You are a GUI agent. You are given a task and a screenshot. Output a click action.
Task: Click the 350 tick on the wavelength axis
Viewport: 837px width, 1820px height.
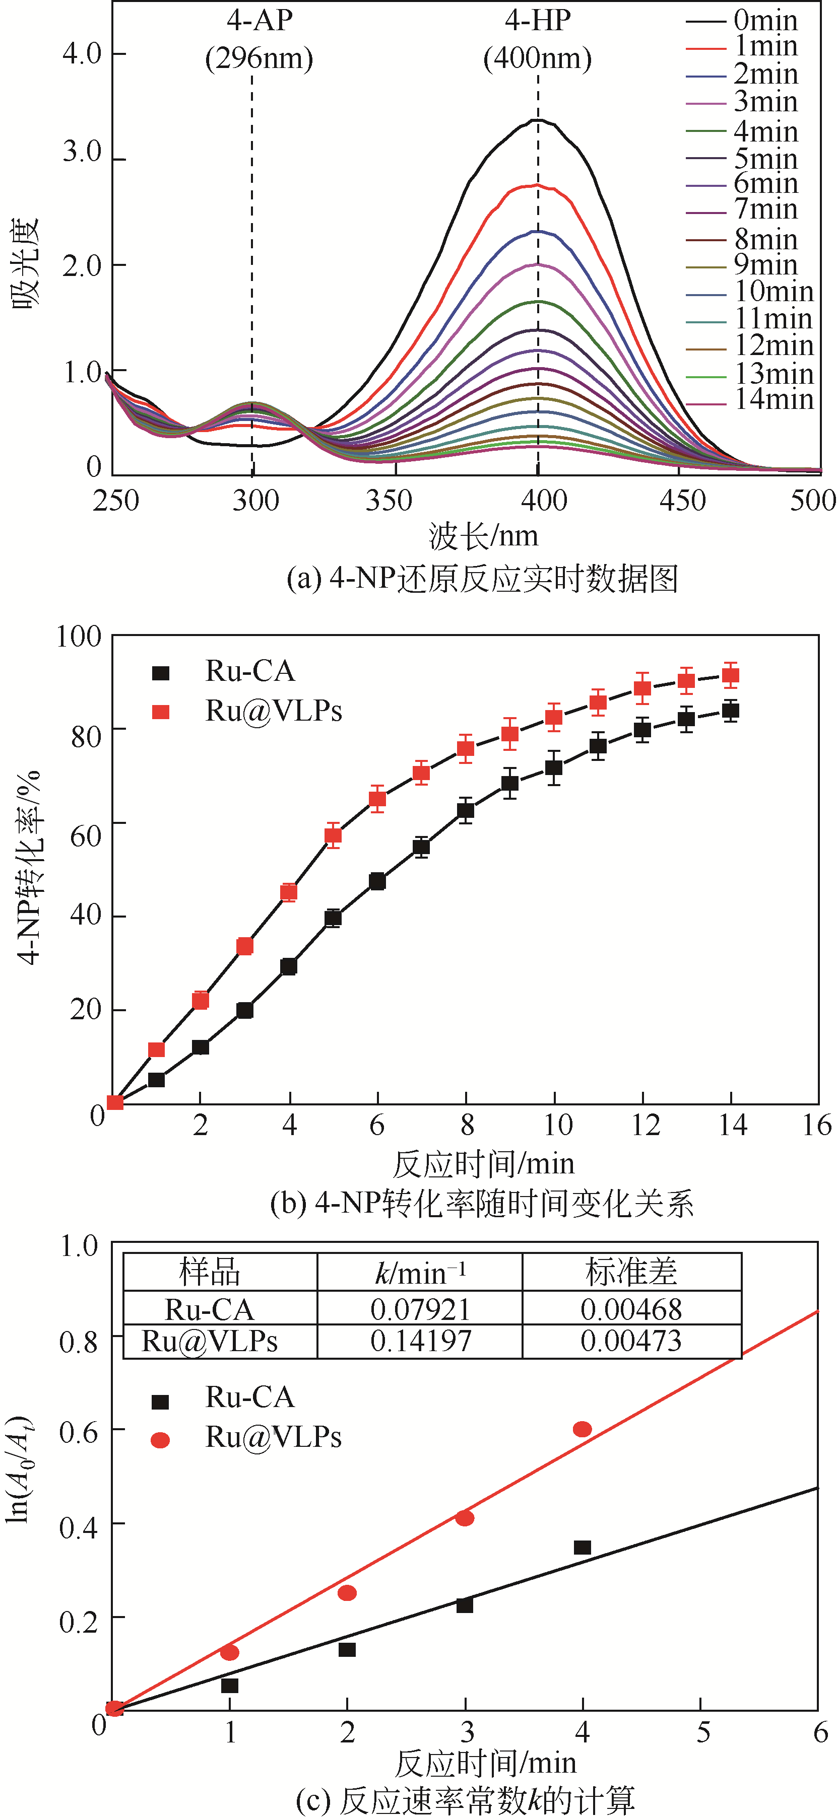point(389,500)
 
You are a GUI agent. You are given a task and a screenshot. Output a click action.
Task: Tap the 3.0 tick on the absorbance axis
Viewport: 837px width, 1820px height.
point(83,153)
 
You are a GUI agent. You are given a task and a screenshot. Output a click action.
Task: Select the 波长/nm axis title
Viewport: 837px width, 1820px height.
point(483,536)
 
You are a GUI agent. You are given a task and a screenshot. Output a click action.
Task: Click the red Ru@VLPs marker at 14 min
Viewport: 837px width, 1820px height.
point(730,675)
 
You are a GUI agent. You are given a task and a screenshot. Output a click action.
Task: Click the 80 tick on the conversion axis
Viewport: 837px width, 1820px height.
point(86,736)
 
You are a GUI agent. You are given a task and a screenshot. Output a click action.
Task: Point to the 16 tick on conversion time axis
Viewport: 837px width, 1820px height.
point(816,1125)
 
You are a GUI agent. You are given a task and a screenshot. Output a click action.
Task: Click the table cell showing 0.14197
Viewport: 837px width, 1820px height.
point(421,1341)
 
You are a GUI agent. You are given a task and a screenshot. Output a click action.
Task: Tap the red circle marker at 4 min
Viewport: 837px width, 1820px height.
point(582,1429)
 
